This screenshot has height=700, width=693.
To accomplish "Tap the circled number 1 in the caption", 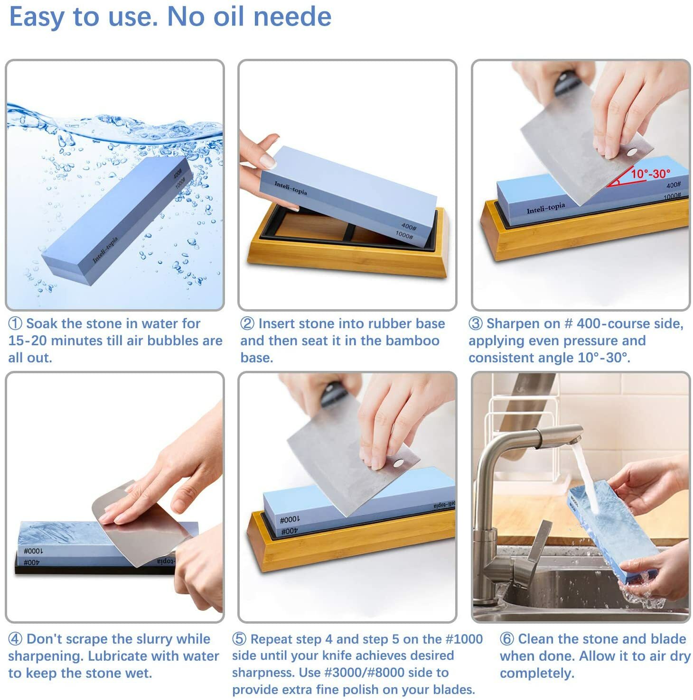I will pos(15,324).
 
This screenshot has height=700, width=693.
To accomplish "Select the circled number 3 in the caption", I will pos(476,324).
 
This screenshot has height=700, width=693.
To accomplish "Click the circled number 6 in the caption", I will pos(507,639).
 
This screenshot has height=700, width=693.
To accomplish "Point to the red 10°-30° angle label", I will pos(650,174).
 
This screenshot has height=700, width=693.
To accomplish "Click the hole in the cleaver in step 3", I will pos(631,152).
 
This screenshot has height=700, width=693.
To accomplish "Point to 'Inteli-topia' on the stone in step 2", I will pos(290,188).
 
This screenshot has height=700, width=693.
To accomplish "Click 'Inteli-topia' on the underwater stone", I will pos(105,250).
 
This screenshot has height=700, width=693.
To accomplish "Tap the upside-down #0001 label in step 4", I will pos(33,551).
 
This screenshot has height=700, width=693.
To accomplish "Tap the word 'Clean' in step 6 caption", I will pos(536,639).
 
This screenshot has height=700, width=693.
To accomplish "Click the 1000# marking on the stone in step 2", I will pos(403,234).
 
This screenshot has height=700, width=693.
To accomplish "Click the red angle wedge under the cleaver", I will pos(622,179).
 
